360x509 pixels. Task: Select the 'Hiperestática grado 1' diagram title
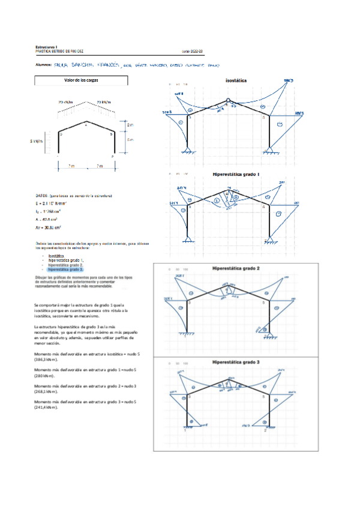236,175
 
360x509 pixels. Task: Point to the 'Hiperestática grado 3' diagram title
235,363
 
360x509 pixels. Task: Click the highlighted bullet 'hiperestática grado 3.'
66,270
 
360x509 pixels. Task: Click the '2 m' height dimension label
131,125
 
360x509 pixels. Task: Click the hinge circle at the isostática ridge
228,101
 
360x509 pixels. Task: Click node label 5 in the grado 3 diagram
263,397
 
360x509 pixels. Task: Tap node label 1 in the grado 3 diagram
185,430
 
